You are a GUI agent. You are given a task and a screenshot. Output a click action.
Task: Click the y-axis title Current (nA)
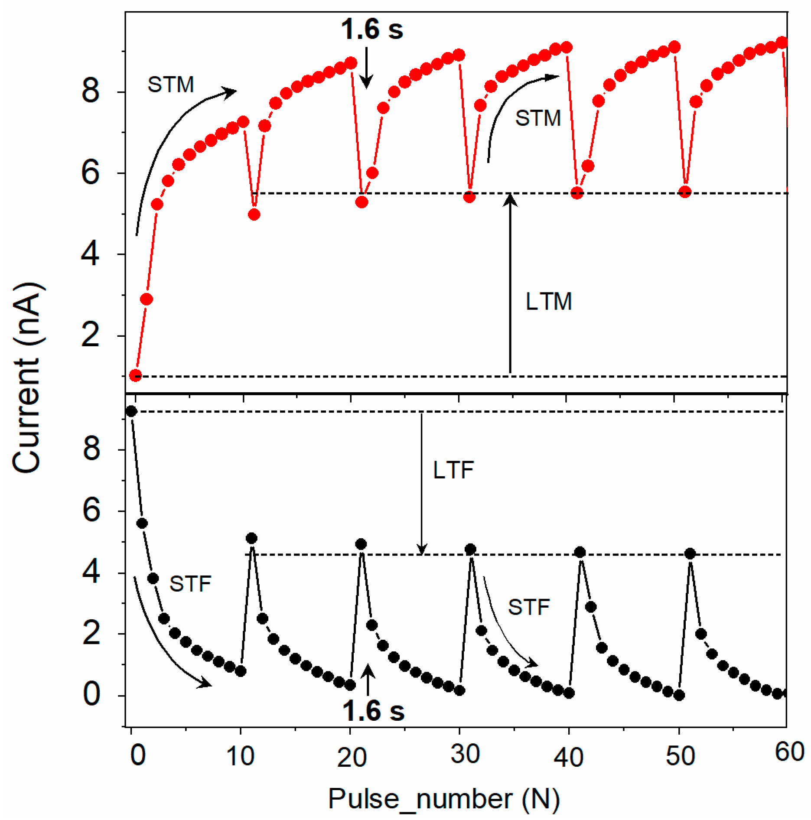pyautogui.click(x=27, y=377)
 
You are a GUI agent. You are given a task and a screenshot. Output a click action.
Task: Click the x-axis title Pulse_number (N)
pyautogui.click(x=443, y=798)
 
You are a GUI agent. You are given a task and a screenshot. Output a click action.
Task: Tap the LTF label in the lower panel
pyautogui.click(x=453, y=470)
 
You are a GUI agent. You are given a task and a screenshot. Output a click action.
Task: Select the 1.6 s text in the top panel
pyautogui.click(x=371, y=30)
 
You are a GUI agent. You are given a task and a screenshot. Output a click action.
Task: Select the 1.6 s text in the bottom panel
pyautogui.click(x=373, y=711)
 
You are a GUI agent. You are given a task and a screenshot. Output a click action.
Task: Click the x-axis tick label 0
pyautogui.click(x=137, y=755)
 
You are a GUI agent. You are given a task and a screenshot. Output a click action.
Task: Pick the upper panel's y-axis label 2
pyautogui.click(x=90, y=335)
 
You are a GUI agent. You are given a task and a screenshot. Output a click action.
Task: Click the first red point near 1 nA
pyautogui.click(x=136, y=375)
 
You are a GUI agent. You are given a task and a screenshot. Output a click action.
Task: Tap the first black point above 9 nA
pyautogui.click(x=131, y=411)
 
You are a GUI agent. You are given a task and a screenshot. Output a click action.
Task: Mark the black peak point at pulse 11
pyautogui.click(x=251, y=538)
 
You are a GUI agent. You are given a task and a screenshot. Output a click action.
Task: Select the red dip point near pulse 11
pyautogui.click(x=254, y=215)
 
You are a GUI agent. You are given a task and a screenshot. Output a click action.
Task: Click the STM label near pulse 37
pyautogui.click(x=537, y=118)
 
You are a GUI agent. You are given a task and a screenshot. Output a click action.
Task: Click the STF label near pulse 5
pyautogui.click(x=190, y=584)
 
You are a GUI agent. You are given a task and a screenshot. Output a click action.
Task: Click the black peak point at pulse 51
pyautogui.click(x=690, y=553)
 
